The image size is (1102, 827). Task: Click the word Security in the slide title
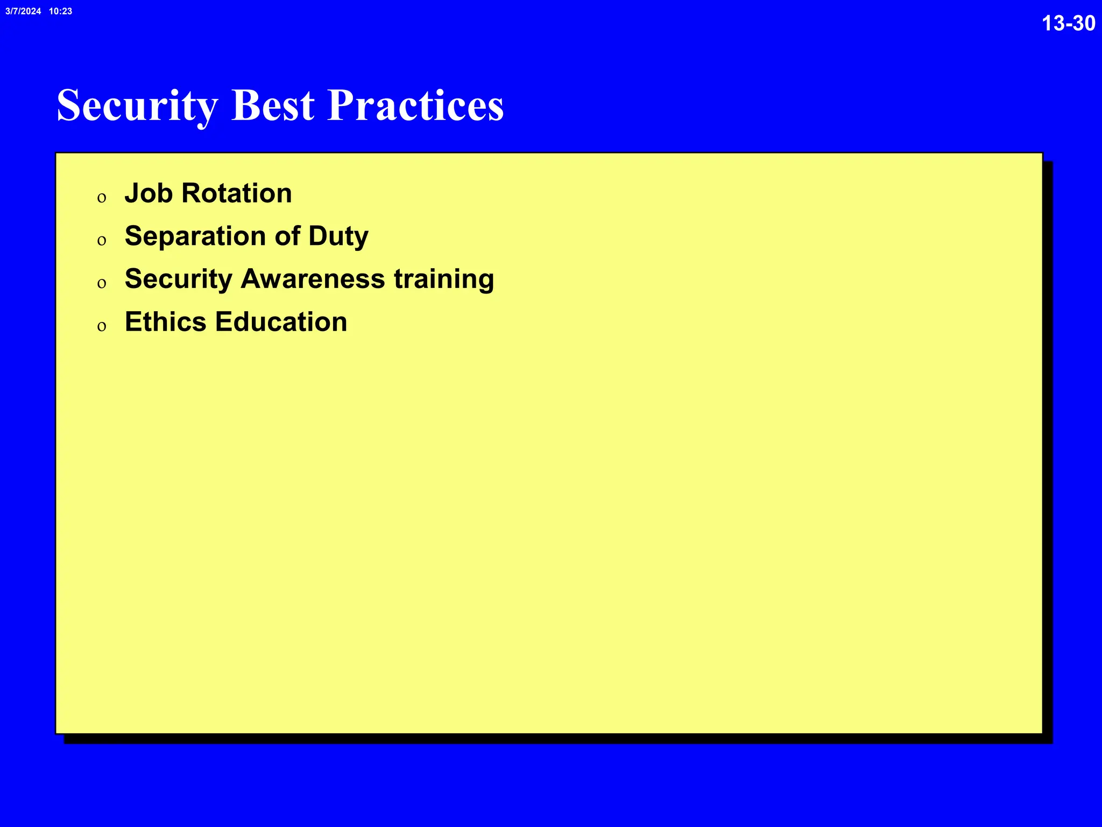coord(137,106)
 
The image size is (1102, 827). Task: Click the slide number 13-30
coord(1068,23)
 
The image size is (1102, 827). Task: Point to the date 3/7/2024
coord(23,11)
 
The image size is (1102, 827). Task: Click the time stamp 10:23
coord(60,11)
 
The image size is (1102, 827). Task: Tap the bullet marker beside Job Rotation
coord(102,198)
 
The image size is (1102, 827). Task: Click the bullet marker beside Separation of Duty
coord(102,241)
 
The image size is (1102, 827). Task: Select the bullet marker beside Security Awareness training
coord(102,283)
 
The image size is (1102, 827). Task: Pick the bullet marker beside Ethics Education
coord(102,326)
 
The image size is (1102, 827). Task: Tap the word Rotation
coord(237,193)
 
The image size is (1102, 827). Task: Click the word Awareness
coord(313,279)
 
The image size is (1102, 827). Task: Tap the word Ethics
coord(166,322)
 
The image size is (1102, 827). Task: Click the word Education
coord(281,322)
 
